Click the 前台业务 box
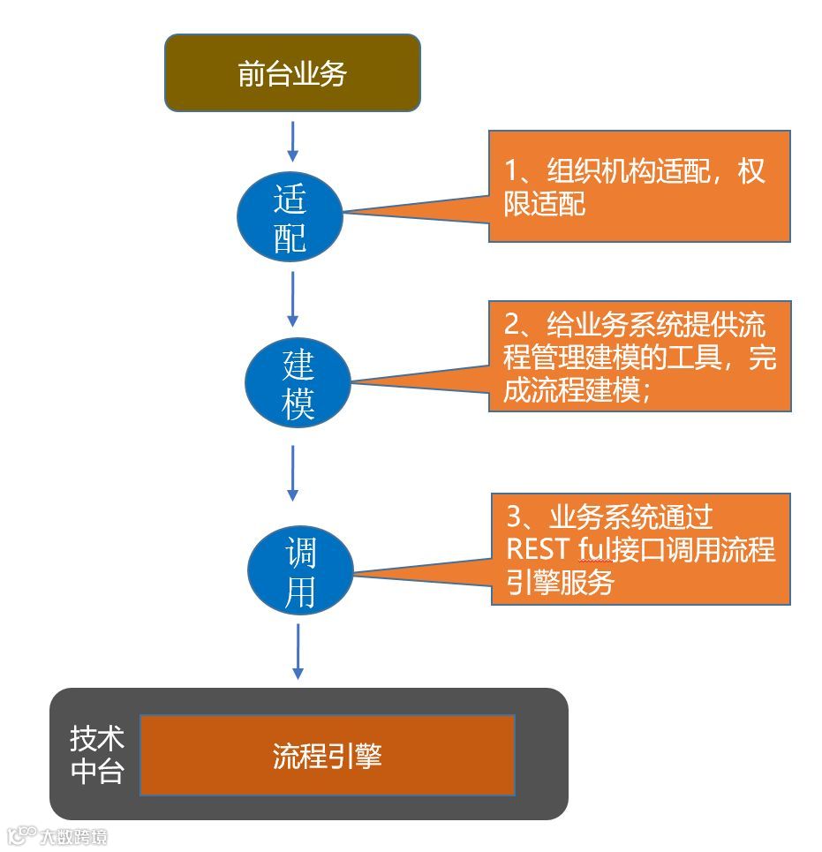292,73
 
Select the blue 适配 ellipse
290,216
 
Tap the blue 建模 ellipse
298,384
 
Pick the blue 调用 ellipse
300,572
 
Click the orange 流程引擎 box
327,756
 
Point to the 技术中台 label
96,755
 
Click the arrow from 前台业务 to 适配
293,141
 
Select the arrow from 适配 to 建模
292,298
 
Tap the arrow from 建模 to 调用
292,472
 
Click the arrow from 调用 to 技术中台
298,652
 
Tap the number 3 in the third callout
513,516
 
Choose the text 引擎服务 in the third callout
560,583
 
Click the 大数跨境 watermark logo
57,835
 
